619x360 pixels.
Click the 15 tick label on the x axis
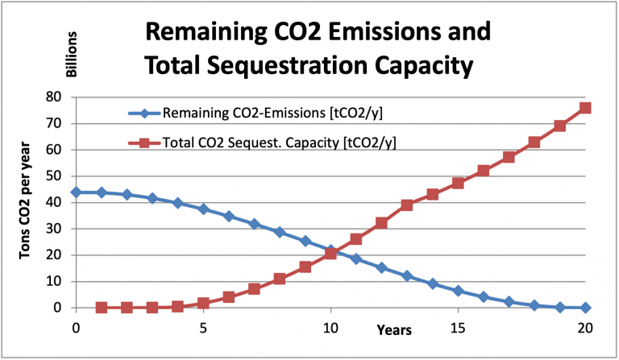pyautogui.click(x=457, y=328)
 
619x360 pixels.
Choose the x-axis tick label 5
pyautogui.click(x=203, y=328)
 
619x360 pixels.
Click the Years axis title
pyautogui.click(x=393, y=329)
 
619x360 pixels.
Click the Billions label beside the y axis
pyautogui.click(x=71, y=56)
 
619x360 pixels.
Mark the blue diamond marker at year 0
pyautogui.click(x=76, y=192)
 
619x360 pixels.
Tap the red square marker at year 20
pyautogui.click(x=585, y=108)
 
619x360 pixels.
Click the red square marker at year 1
pyautogui.click(x=102, y=308)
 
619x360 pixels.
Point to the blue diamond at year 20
pyautogui.click(x=585, y=308)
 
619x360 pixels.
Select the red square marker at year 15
pyautogui.click(x=458, y=183)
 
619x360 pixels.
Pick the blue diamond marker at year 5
pyautogui.click(x=203, y=209)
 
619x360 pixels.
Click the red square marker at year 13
pyautogui.click(x=407, y=205)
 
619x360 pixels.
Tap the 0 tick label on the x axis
pyautogui.click(x=76, y=328)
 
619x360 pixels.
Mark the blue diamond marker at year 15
pyautogui.click(x=458, y=291)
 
